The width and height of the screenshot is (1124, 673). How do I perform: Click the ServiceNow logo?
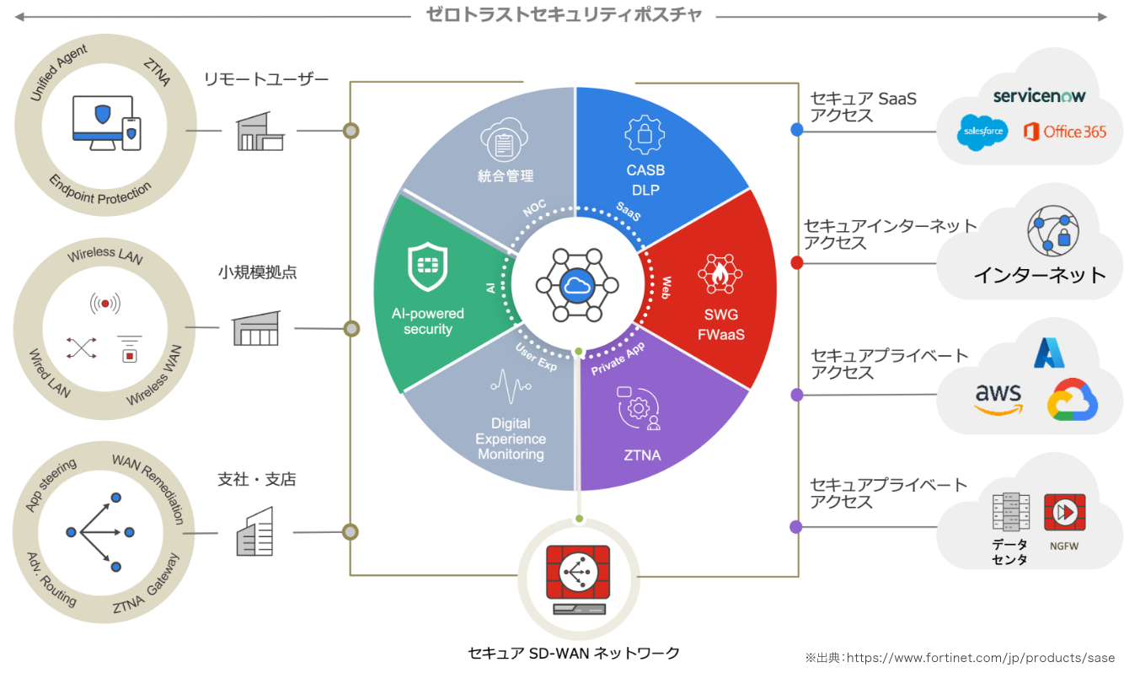(1039, 96)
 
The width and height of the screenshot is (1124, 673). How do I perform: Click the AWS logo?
(998, 398)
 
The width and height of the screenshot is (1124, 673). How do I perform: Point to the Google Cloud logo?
(1072, 399)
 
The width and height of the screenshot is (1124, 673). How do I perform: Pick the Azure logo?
(1050, 353)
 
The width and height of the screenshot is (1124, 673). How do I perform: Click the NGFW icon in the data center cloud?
(1064, 513)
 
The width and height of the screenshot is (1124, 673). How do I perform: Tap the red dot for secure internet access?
(796, 262)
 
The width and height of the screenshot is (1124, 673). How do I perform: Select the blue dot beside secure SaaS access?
(796, 130)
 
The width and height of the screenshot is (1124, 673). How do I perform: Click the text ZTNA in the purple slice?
(642, 455)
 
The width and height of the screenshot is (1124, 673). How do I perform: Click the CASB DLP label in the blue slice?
(645, 180)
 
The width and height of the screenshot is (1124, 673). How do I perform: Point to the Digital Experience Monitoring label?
(511, 439)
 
